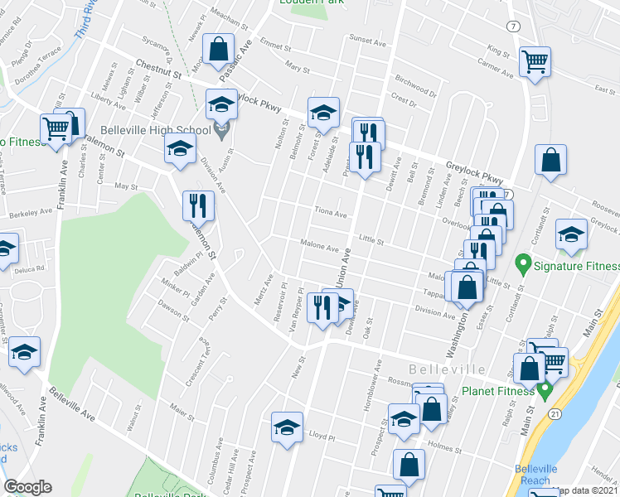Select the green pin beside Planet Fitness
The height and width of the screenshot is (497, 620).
(545, 388)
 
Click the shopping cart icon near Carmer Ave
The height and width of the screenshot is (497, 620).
(535, 60)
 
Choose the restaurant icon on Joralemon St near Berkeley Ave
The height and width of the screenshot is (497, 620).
(196, 204)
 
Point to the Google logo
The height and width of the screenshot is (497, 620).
(27, 487)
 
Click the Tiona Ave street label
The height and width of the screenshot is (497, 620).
(330, 213)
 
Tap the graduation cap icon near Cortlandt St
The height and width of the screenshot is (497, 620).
(571, 235)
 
